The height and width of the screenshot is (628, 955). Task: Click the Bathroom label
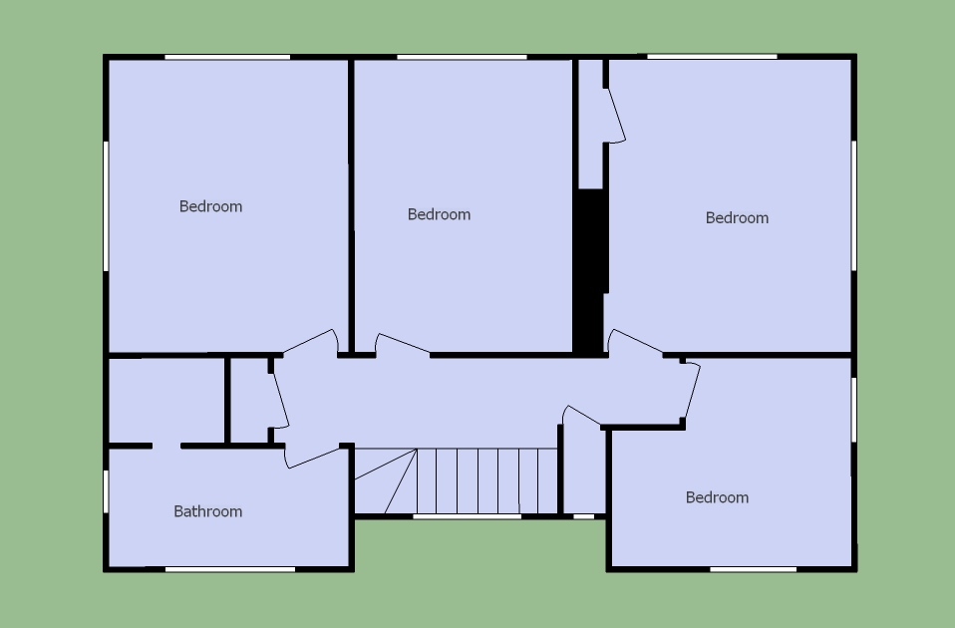[207, 511]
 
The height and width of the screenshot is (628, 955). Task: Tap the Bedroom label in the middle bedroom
[439, 214]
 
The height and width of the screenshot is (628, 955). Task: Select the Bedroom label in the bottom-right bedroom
[717, 497]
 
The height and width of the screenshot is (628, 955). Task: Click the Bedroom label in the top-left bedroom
[210, 206]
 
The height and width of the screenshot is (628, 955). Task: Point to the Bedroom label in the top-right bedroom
[737, 218]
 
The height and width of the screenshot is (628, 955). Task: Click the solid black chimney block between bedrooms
[590, 271]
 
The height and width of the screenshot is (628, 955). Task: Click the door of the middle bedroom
[402, 344]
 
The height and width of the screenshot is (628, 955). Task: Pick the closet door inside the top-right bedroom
[616, 116]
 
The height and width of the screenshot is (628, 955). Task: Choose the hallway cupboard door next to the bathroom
[280, 400]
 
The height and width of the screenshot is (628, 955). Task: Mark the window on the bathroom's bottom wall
[230, 569]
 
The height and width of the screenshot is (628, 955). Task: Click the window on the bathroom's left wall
[106, 491]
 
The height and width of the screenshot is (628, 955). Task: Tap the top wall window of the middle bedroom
[462, 57]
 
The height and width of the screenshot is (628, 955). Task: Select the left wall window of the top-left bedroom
[106, 206]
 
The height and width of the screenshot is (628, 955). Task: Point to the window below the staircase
[468, 516]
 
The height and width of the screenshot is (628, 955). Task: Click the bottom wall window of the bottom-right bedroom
[754, 569]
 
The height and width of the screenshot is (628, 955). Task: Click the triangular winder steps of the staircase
[385, 481]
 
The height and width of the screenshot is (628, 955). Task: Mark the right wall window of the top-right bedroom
[854, 206]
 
